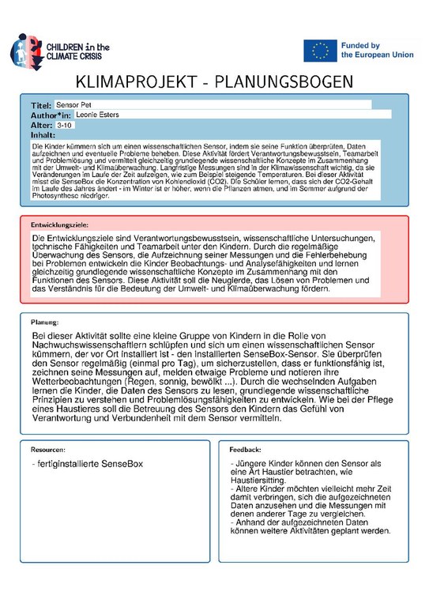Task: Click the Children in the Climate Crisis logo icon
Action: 23,50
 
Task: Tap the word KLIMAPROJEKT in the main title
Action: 136,84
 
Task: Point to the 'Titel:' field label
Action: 40,105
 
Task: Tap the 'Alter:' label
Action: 41,125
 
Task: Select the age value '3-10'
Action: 66,125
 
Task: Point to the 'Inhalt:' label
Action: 43,134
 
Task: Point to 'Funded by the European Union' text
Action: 371,51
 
